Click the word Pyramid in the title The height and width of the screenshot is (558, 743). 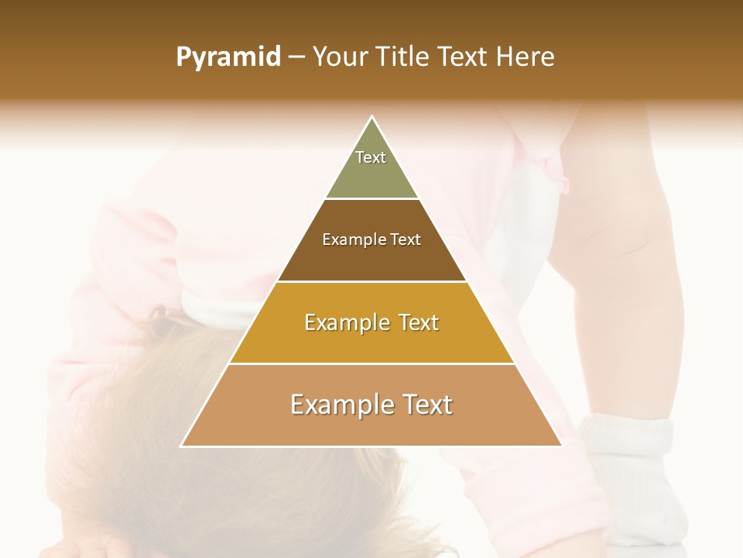pos(228,57)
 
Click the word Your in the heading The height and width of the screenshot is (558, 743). pos(338,57)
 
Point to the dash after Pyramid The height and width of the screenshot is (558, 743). pos(296,57)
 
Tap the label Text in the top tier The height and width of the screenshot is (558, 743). pos(371,157)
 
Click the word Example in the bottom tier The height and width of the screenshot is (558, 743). pos(335,405)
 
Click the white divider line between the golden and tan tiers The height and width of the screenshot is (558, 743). pos(371,363)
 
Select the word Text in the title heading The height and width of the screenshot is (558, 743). pos(465,57)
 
